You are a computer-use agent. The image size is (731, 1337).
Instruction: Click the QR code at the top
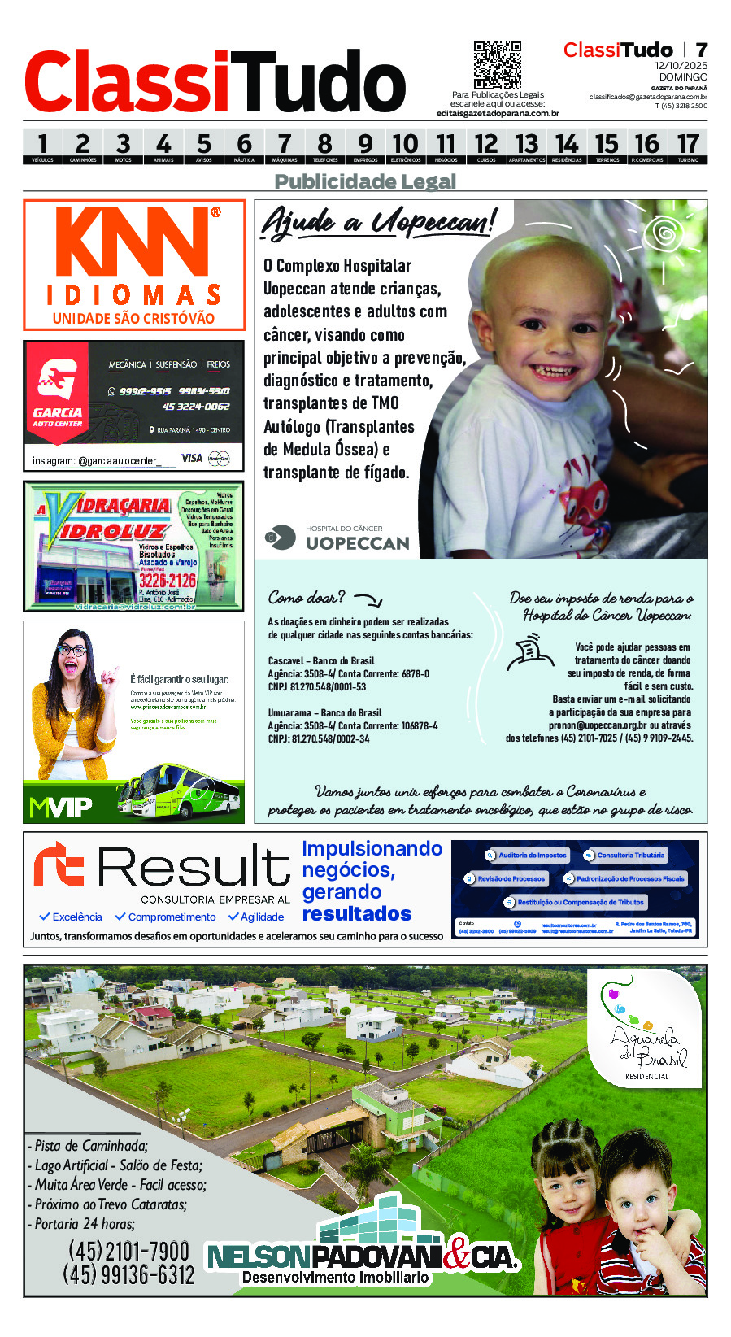point(497,64)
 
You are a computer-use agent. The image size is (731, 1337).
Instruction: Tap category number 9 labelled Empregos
point(365,147)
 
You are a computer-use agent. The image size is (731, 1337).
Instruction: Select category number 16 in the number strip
point(647,147)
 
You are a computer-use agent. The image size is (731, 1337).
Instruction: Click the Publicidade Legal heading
point(365,181)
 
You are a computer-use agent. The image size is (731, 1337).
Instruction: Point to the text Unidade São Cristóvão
point(133,319)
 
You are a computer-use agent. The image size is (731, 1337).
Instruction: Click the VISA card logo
point(192,459)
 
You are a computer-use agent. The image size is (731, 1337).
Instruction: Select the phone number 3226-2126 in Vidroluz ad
point(167,580)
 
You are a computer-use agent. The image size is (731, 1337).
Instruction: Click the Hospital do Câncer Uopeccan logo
point(337,538)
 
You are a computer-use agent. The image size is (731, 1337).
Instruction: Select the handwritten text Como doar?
point(307,598)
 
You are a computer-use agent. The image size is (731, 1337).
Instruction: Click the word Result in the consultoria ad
point(194,866)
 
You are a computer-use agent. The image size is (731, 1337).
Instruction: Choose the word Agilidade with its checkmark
point(256,917)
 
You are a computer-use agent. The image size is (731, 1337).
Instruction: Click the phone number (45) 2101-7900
point(128,1251)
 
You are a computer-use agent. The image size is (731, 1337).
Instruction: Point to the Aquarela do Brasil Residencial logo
point(646,1030)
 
